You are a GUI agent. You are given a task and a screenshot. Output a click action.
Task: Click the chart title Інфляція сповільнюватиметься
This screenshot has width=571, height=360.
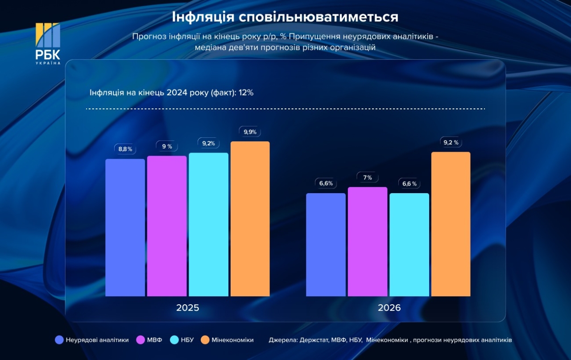pos(285,17)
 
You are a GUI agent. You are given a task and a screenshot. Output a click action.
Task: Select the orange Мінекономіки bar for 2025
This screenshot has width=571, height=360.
pos(250,219)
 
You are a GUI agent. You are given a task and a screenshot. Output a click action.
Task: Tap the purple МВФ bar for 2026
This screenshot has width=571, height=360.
pos(368,241)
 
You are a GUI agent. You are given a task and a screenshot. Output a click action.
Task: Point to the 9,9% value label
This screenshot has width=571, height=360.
pos(250,132)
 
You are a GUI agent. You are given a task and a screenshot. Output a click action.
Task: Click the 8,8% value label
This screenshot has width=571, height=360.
pos(125,149)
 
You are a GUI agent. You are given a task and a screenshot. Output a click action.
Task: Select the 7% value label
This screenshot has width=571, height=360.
pos(368,177)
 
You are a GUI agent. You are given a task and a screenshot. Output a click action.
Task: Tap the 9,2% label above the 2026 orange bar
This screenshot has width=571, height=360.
pos(451,142)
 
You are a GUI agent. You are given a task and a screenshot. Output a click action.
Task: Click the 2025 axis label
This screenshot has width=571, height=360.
pos(187,308)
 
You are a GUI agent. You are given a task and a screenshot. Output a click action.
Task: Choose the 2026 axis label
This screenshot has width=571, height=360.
pos(389,308)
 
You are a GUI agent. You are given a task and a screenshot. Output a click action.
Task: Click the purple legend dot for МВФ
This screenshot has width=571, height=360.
pos(140,340)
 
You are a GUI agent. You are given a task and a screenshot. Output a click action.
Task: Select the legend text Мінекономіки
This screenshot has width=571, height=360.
pos(232,340)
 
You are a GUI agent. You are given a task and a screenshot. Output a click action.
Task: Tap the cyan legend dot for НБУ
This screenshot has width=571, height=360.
pos(174,340)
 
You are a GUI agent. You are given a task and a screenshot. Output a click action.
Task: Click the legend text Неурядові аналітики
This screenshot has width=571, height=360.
pos(97,340)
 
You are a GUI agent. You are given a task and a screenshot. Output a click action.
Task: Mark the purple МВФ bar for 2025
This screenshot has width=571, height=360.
pos(167,226)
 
